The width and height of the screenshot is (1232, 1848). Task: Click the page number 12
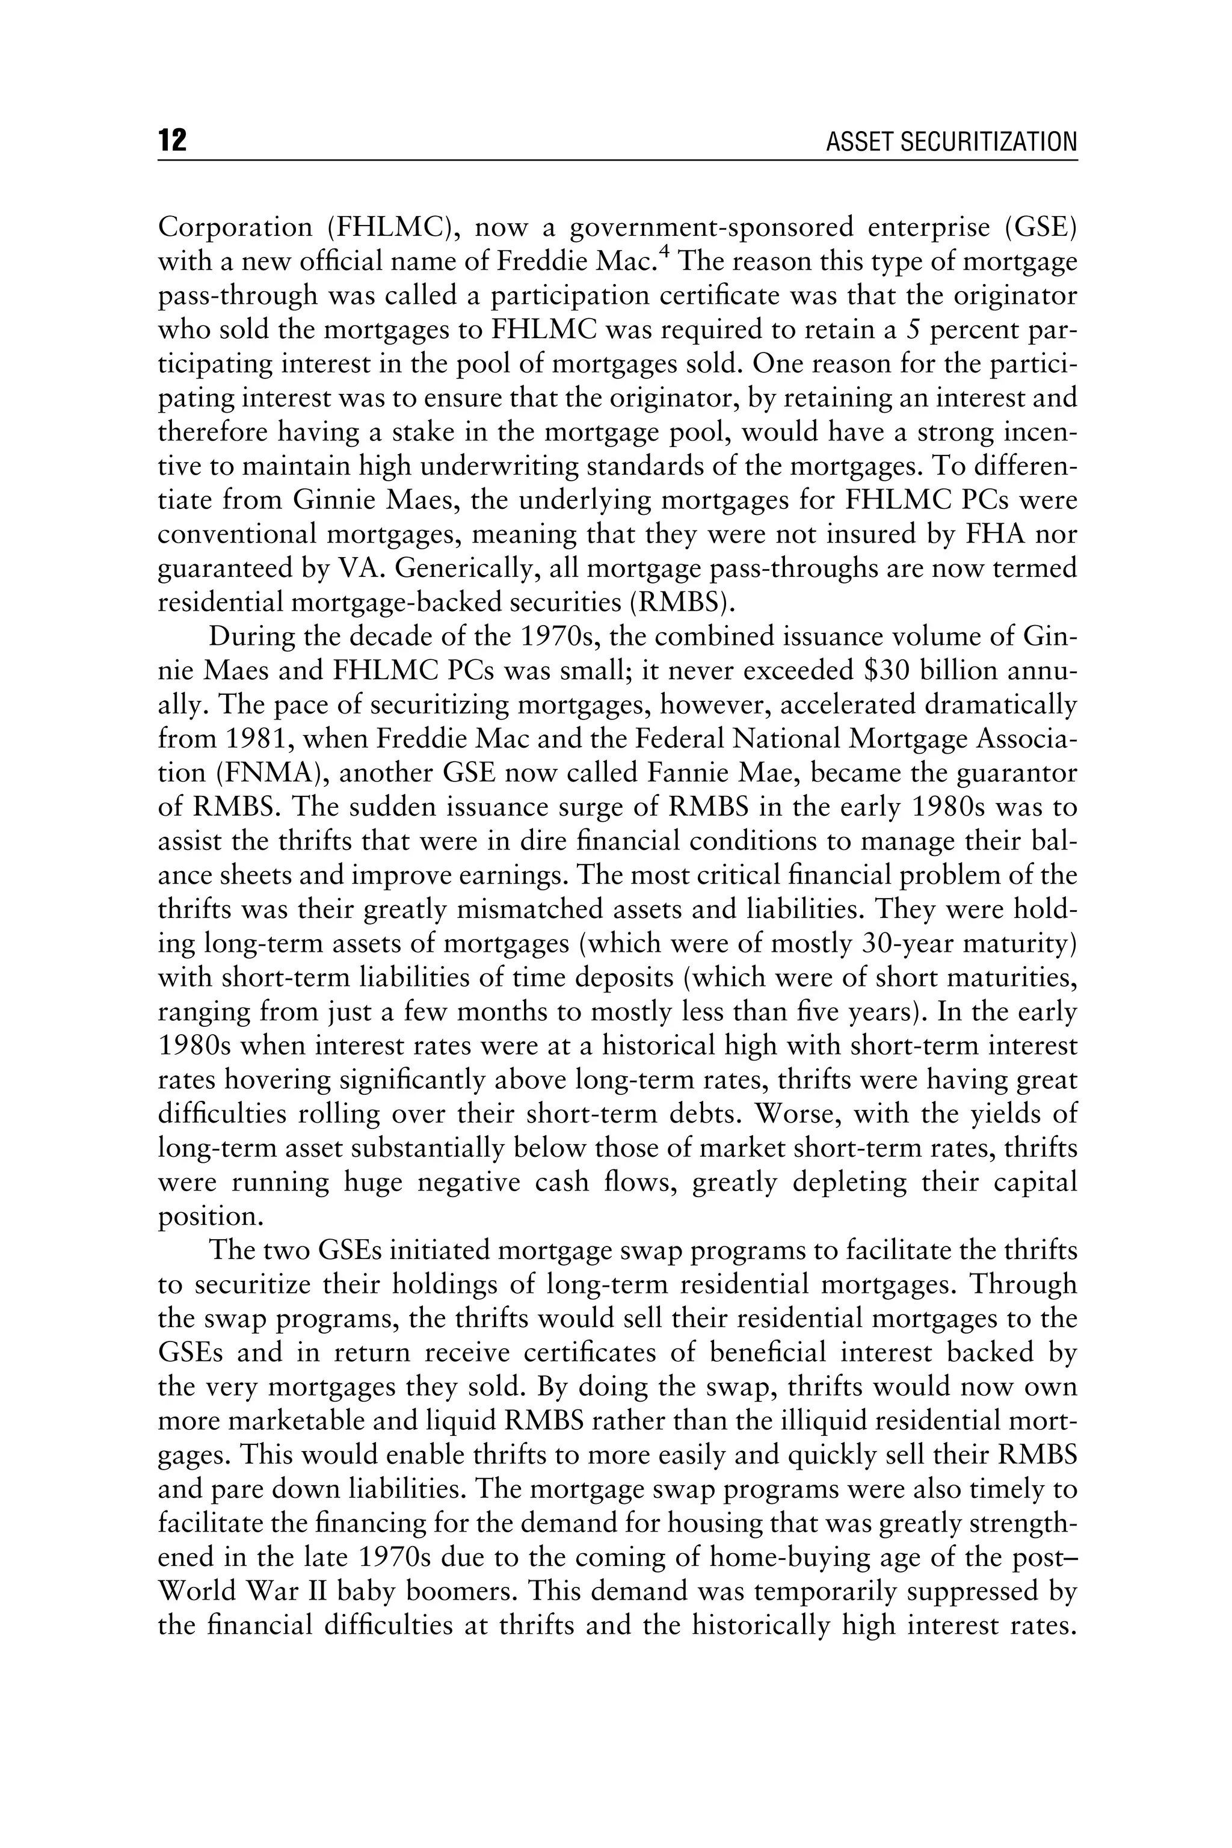[172, 141]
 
